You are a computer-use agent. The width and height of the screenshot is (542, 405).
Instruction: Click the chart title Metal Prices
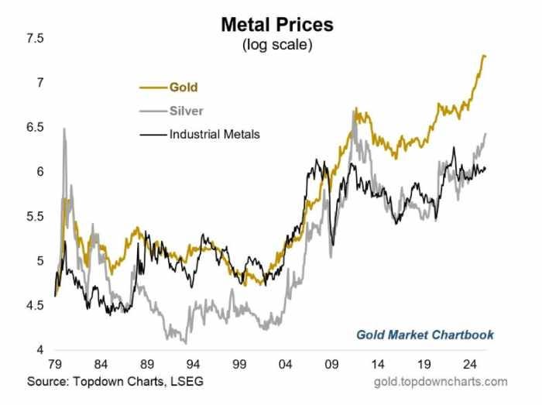coord(277,25)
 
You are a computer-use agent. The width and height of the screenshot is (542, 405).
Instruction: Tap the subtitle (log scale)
coord(277,45)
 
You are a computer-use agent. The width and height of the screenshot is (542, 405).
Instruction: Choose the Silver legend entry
coord(186,111)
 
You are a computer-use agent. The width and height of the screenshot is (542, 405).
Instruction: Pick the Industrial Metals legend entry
coord(214,134)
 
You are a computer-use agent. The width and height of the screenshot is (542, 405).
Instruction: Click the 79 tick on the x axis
coord(56,364)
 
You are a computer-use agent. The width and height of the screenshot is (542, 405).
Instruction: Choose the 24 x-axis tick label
coord(469,364)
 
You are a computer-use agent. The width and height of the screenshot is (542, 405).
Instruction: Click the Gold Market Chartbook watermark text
coord(424,335)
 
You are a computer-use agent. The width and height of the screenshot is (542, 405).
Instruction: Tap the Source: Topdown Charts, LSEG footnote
coord(115,381)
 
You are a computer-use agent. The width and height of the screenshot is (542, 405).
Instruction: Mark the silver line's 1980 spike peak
coord(64,129)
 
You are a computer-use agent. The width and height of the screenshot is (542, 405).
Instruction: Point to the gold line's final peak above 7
coord(483,56)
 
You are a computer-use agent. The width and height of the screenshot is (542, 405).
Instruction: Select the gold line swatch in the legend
coord(153,88)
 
